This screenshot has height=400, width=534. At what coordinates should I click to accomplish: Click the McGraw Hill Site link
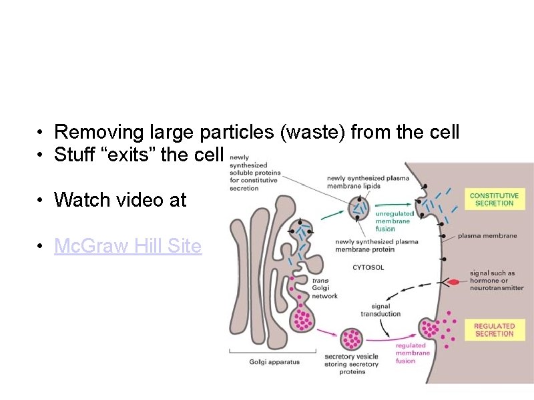coord(127,246)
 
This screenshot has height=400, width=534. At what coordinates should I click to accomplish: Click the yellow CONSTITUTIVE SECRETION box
coord(494,199)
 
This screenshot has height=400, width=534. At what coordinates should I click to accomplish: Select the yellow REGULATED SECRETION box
coord(494,330)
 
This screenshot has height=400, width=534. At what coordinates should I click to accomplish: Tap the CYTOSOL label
coord(368,267)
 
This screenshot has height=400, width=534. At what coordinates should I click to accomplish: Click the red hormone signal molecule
coord(453,282)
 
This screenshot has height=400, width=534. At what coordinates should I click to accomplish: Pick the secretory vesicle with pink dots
coord(352,339)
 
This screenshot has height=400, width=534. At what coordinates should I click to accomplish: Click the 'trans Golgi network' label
coord(325,289)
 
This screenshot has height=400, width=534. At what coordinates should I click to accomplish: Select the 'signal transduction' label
coord(380,310)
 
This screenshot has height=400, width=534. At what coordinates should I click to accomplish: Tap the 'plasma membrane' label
coord(487,236)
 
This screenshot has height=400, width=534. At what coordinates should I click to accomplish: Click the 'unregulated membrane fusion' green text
coord(394,221)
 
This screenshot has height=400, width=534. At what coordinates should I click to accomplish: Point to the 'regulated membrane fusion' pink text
coord(411,353)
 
